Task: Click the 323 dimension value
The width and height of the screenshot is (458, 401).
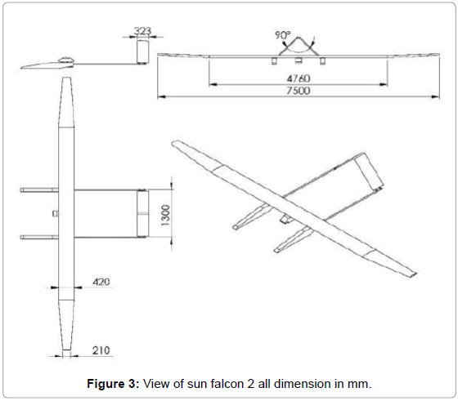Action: pyautogui.click(x=142, y=31)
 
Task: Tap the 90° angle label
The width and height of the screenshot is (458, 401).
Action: pyautogui.click(x=283, y=35)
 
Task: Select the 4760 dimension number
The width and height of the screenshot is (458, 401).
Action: pyautogui.click(x=299, y=78)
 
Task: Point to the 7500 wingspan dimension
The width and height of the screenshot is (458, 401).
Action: pyautogui.click(x=299, y=91)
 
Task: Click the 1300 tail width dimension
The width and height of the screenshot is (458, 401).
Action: pyautogui.click(x=165, y=215)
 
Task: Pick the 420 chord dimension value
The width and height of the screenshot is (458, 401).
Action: pyautogui.click(x=101, y=282)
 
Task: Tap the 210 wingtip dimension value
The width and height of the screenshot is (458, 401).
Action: pyautogui.click(x=101, y=350)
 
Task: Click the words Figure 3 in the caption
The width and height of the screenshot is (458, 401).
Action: pyautogui.click(x=113, y=384)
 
